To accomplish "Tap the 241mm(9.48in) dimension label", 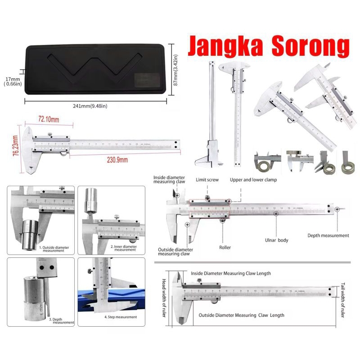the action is click(92, 106).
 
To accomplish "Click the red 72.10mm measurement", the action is click(49, 119).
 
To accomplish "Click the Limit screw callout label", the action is click(207, 179).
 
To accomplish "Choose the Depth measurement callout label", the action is click(328, 235).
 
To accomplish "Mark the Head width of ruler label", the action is click(164, 297).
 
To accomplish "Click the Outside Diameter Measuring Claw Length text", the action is click(241, 315).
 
